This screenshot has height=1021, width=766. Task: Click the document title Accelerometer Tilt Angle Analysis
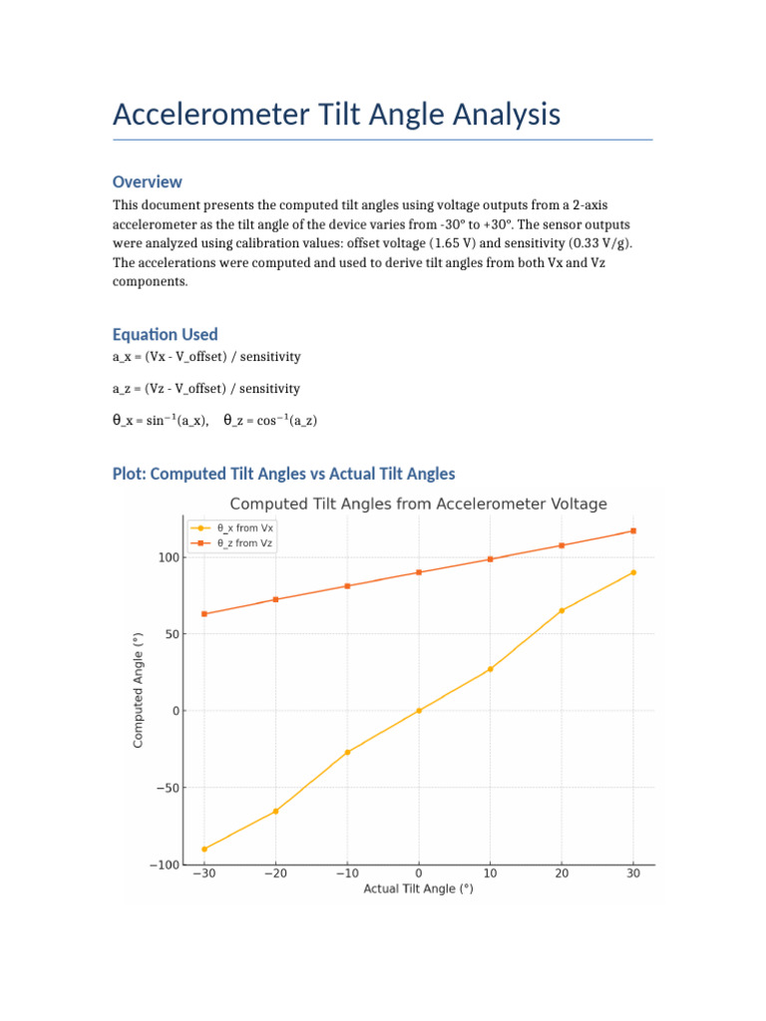(336, 115)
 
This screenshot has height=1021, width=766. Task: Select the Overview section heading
(148, 181)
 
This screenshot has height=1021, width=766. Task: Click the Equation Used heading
(165, 334)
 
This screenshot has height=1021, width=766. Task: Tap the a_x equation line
(206, 356)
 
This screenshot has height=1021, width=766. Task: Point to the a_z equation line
(206, 388)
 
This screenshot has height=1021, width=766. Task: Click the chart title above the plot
(419, 505)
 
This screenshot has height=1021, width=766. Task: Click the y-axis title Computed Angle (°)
(139, 690)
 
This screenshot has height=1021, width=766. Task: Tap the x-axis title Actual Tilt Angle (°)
(418, 888)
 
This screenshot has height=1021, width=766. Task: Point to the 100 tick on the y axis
(168, 557)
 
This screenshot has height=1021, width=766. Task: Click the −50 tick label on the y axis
(165, 788)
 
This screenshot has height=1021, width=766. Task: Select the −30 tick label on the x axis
(203, 873)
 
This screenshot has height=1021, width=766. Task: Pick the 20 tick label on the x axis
(562, 873)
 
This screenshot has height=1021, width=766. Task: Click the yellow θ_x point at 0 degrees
(419, 711)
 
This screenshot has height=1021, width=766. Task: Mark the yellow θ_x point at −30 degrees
(204, 850)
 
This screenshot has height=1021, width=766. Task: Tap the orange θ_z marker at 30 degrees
(633, 530)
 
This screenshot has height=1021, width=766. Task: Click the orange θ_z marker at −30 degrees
(204, 614)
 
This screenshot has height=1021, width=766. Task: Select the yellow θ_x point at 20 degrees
(562, 610)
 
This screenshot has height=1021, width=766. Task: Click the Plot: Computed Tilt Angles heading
(284, 474)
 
